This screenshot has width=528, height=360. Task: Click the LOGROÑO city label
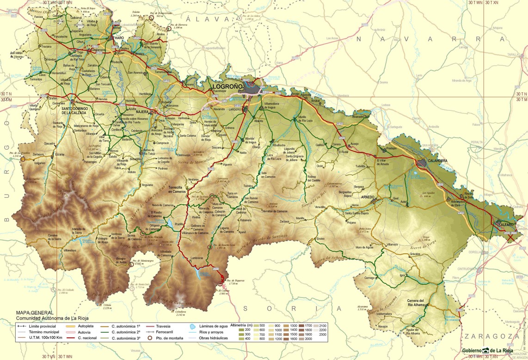click(227, 86)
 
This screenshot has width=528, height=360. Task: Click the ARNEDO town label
click(368, 197)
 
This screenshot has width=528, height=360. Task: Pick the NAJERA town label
click(142, 112)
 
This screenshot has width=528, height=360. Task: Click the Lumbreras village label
click(196, 258)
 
